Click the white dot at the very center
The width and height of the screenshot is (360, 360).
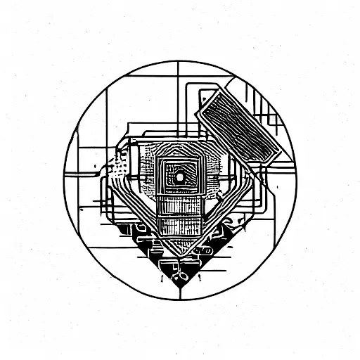[179, 177]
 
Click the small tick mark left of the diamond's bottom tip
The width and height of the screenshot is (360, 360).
[162, 277]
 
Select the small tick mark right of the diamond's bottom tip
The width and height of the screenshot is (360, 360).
[198, 277]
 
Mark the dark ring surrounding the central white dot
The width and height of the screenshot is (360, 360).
[179, 172]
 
